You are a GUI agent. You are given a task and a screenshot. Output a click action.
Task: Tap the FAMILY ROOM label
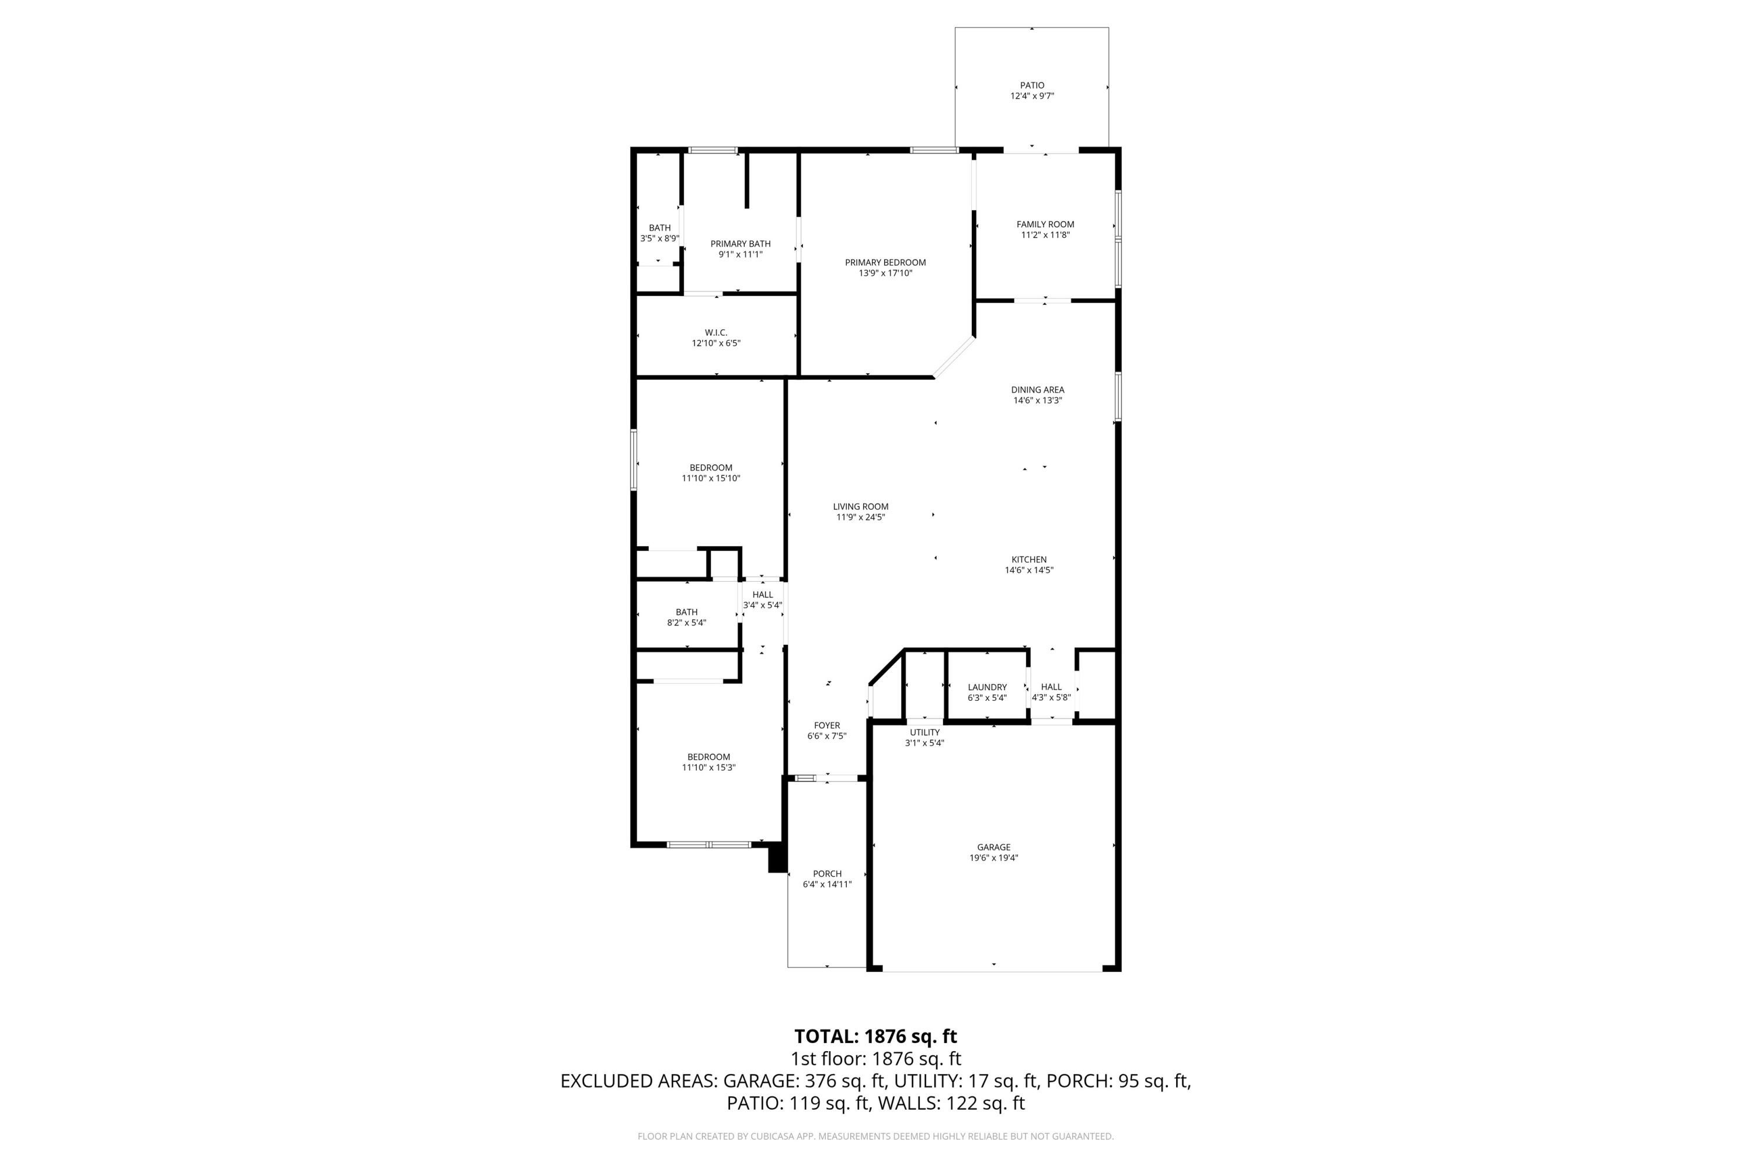pos(1045,224)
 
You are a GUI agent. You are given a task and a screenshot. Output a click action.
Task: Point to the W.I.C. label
pos(716,332)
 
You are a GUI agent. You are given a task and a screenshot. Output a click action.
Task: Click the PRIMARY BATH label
pos(740,244)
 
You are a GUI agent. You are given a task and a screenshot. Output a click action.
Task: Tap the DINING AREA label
pos(1037,390)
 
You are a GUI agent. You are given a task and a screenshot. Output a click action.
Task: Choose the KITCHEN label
pos(1028,559)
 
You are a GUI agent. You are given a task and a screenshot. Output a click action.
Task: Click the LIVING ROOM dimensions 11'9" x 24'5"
pos(860,517)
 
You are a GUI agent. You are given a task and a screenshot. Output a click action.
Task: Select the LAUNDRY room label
pos(987,687)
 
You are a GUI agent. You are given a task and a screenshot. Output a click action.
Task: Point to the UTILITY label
pos(924,732)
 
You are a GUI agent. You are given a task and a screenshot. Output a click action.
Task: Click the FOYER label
pos(827,725)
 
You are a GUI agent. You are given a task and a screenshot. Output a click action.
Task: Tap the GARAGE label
pos(994,847)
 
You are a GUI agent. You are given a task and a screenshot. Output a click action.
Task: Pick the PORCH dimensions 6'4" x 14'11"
pos(827,884)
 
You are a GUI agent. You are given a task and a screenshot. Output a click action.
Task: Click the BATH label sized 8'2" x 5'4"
pos(686,612)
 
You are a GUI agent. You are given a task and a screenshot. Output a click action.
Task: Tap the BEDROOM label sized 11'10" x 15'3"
pos(708,757)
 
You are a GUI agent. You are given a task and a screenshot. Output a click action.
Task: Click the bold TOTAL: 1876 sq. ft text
pos(875,1036)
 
